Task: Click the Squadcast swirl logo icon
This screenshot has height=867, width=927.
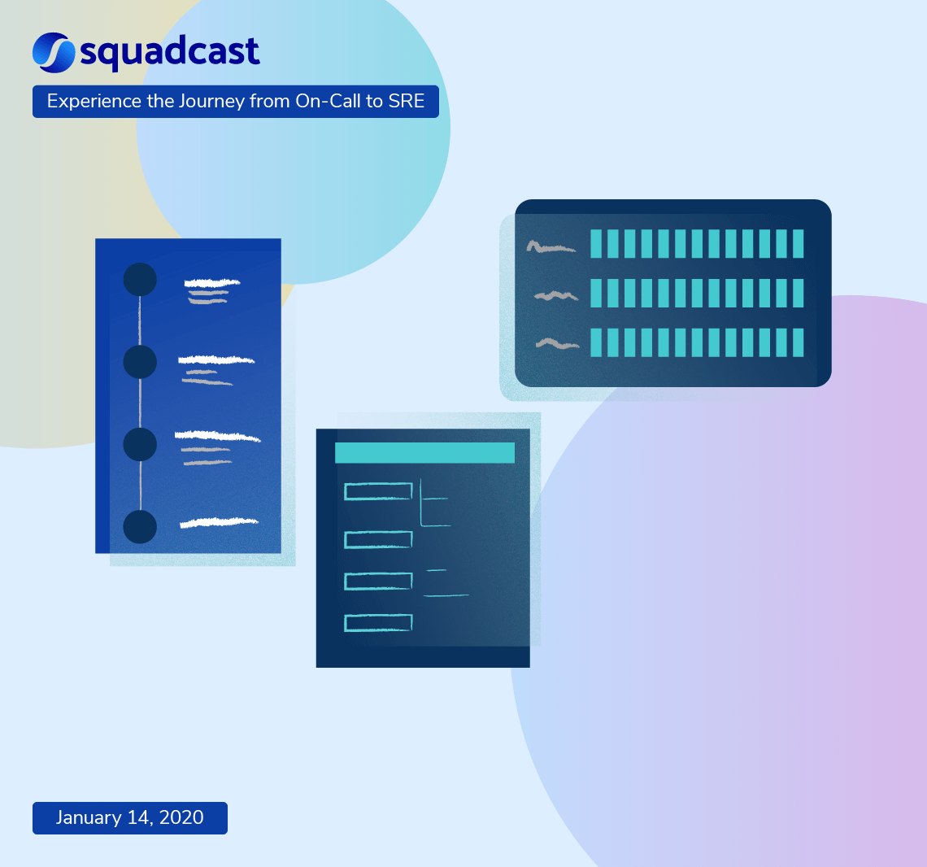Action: click(54, 50)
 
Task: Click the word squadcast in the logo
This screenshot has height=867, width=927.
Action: click(170, 53)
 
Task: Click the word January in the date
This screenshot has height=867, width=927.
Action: click(89, 817)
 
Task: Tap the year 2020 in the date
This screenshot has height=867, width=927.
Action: click(181, 817)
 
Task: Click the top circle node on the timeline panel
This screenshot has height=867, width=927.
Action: click(140, 279)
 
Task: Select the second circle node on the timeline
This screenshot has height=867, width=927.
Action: click(140, 361)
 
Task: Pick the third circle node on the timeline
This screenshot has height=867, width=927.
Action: click(140, 444)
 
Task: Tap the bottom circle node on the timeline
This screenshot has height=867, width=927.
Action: click(140, 526)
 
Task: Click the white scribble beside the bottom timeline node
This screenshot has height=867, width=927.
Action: click(219, 522)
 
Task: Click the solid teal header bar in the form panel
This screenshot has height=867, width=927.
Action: click(424, 453)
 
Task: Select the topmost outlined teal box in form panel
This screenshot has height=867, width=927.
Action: click(378, 491)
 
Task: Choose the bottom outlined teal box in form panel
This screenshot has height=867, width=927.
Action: click(378, 623)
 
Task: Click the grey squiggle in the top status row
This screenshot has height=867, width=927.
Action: click(551, 246)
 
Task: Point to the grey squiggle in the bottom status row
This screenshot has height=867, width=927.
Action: click(557, 344)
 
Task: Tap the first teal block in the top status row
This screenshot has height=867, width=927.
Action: click(596, 244)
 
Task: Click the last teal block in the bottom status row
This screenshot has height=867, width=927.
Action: click(798, 342)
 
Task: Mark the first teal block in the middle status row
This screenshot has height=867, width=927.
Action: click(596, 293)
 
